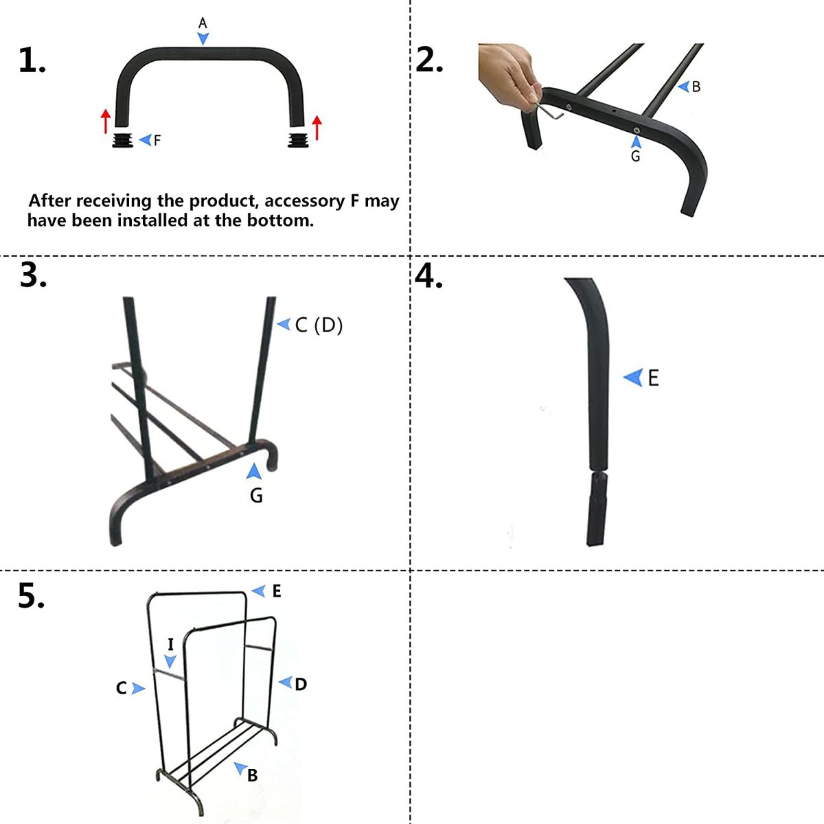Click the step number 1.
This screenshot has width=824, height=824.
click(x=31, y=62)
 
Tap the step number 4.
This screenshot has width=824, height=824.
click(x=429, y=276)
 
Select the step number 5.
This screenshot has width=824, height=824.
click(x=31, y=596)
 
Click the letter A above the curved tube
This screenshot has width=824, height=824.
click(x=203, y=23)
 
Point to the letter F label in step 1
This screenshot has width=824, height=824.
click(x=157, y=140)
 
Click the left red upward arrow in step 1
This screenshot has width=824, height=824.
click(x=105, y=121)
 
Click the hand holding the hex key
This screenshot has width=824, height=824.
click(x=508, y=72)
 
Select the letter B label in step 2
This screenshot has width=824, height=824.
click(x=696, y=87)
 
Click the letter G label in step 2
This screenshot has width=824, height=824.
click(x=635, y=157)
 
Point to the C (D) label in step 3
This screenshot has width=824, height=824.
click(x=318, y=325)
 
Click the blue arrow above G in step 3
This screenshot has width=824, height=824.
click(x=254, y=471)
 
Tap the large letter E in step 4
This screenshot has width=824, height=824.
click(x=653, y=378)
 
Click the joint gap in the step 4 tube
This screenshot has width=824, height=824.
click(x=597, y=470)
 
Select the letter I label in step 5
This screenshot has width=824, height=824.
click(x=170, y=644)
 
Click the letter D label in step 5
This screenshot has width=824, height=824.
click(x=301, y=684)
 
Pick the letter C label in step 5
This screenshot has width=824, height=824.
click(x=122, y=688)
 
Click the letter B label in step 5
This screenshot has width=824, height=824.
click(x=252, y=775)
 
